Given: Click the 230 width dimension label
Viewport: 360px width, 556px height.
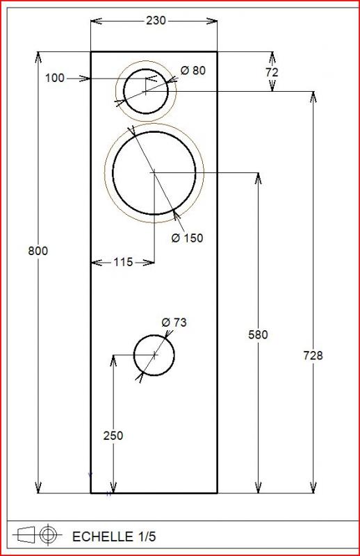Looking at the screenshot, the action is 156,21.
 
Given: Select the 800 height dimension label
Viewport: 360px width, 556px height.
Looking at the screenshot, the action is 38,251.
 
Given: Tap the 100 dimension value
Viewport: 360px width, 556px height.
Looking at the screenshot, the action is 55,78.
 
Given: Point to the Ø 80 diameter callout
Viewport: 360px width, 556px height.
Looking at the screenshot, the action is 193,71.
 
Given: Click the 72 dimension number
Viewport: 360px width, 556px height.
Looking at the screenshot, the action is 272,72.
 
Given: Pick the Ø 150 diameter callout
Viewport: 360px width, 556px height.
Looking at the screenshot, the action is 187,238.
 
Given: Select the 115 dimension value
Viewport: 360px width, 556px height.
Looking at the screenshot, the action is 123,263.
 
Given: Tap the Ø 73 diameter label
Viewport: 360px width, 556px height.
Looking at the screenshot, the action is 174,322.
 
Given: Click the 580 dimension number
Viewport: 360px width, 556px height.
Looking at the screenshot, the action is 259,335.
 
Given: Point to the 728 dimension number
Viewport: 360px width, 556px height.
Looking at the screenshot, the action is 313,355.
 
